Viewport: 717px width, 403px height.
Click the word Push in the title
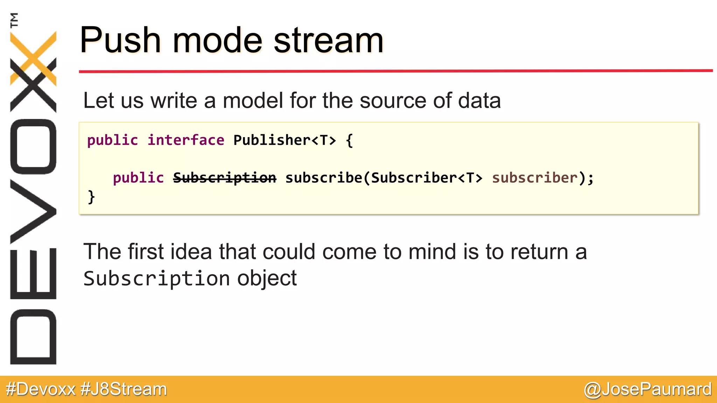[x=120, y=41]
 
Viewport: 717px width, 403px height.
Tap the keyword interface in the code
[x=186, y=140]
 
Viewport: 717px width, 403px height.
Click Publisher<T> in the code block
[x=284, y=140]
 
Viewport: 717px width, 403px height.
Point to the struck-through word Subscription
[x=224, y=178]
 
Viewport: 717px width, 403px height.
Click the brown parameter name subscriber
[x=535, y=178]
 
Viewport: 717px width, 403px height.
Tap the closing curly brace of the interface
[x=91, y=197]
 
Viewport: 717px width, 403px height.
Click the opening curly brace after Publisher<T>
[x=349, y=140]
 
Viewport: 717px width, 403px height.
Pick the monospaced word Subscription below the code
[x=156, y=279]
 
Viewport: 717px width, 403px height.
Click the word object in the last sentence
[x=267, y=279]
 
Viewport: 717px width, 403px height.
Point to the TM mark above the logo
[x=14, y=20]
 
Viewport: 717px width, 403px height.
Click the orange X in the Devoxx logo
[x=33, y=58]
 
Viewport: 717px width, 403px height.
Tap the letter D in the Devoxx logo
[x=33, y=337]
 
